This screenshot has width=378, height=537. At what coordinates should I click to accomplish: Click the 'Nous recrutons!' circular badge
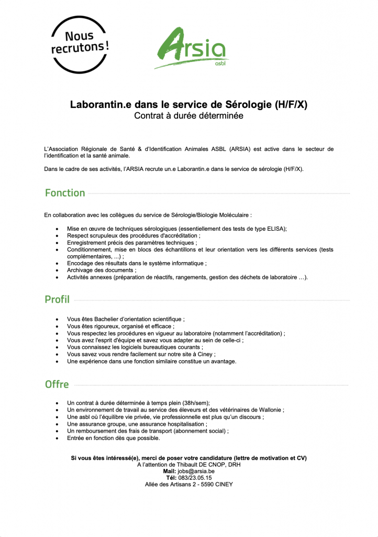[80, 44]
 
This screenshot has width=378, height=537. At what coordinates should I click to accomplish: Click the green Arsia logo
[192, 49]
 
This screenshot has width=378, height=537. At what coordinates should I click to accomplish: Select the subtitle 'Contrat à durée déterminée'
[188, 116]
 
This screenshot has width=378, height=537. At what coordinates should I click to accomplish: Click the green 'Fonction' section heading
[65, 193]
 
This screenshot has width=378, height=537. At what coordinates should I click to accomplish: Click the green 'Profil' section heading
[57, 299]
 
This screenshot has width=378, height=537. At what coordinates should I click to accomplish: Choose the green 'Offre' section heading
[57, 384]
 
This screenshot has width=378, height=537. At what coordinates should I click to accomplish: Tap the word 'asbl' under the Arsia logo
[221, 65]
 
